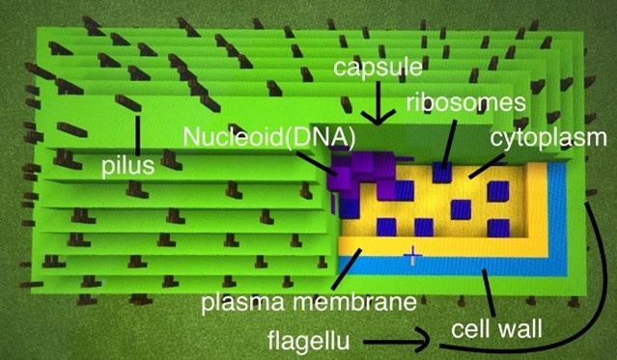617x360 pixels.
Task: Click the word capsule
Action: [x=378, y=68]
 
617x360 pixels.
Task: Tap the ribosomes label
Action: [x=466, y=102]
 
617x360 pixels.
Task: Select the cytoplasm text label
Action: [x=548, y=138]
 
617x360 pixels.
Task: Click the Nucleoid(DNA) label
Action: [x=269, y=136]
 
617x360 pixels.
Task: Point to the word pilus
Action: [x=128, y=166]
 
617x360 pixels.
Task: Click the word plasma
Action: [x=242, y=302]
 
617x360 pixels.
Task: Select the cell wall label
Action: [x=496, y=328]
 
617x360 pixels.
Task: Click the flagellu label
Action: [x=309, y=340]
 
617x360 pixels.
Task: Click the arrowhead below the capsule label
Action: [x=378, y=117]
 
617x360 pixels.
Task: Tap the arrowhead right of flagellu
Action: [x=423, y=341]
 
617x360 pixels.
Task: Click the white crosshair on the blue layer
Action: [x=412, y=256]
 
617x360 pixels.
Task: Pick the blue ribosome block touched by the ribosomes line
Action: [x=442, y=172]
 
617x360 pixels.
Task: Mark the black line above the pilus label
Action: [x=137, y=135]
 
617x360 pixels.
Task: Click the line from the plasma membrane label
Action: [x=347, y=269]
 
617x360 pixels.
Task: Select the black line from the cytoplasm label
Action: [x=488, y=166]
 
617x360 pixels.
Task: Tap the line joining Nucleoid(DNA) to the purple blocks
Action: [x=317, y=162]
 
